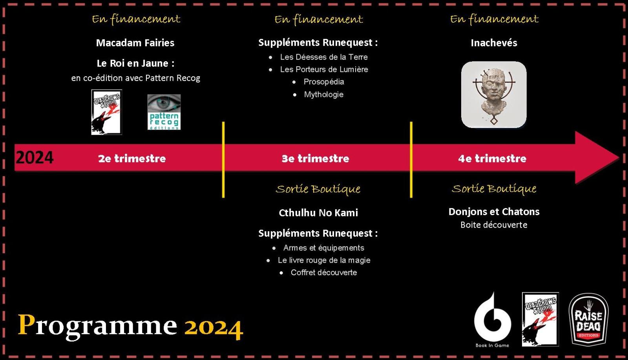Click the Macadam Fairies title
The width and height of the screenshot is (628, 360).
pyautogui.click(x=135, y=43)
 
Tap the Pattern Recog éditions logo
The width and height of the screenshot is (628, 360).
pyautogui.click(x=164, y=112)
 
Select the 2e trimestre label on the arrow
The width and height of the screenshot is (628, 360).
pyautogui.click(x=132, y=159)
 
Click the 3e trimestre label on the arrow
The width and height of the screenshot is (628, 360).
pyautogui.click(x=316, y=159)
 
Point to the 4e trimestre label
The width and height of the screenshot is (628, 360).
pyautogui.click(x=492, y=159)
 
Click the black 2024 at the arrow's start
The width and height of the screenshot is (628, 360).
pyautogui.click(x=35, y=157)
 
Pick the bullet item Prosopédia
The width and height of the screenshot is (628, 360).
pyautogui.click(x=324, y=82)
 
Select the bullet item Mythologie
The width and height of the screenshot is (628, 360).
pyautogui.click(x=324, y=95)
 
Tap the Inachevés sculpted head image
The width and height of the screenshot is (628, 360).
pyautogui.click(x=494, y=95)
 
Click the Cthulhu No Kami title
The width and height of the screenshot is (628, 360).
pyautogui.click(x=318, y=213)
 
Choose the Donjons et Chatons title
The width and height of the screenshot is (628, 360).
pyautogui.click(x=494, y=212)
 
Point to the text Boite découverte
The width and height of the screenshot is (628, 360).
pyautogui.click(x=494, y=225)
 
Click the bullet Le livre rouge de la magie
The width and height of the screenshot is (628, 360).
pyautogui.click(x=324, y=260)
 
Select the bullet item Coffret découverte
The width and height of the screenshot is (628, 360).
pyautogui.click(x=324, y=272)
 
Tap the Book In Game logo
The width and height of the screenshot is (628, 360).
pyautogui.click(x=492, y=320)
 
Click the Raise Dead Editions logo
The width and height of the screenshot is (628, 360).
pyautogui.click(x=588, y=319)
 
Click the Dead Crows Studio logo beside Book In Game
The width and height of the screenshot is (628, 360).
pyautogui.click(x=540, y=319)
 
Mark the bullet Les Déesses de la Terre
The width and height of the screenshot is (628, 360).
pyautogui.click(x=324, y=57)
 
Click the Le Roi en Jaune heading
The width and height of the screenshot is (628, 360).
pyautogui.click(x=135, y=63)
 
